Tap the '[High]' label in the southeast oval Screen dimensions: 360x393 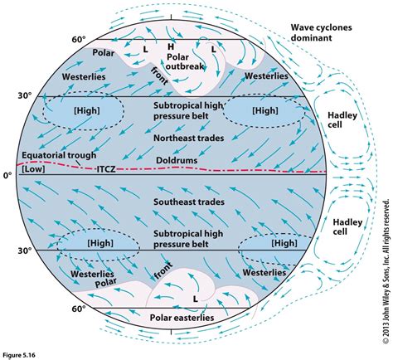pyautogui.click(x=283, y=243)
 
